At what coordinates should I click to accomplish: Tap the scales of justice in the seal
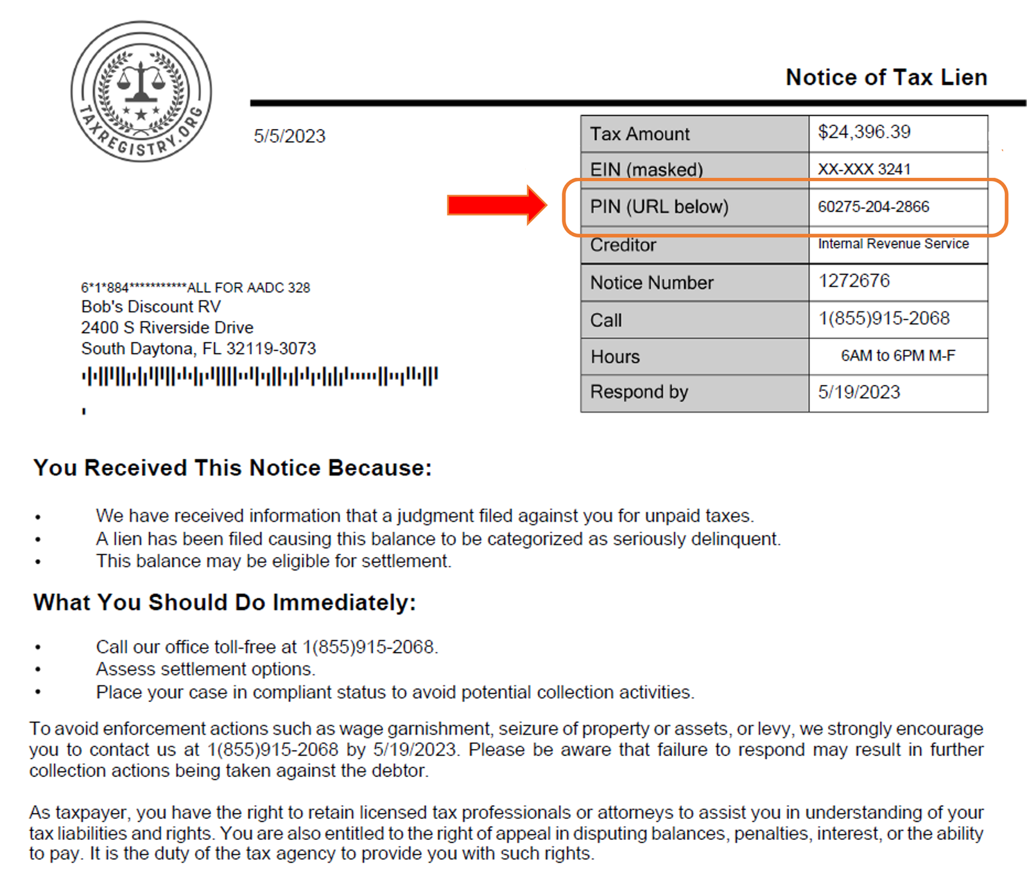[x=141, y=83]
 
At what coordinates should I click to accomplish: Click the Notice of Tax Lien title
[x=886, y=78]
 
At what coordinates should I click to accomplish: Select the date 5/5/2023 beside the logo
[x=289, y=136]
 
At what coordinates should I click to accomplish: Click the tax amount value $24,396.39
[x=864, y=132]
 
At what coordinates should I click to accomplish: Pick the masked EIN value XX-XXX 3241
[x=864, y=169]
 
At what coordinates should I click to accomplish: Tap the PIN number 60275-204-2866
[x=873, y=207]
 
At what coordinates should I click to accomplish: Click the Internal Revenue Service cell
[x=893, y=244]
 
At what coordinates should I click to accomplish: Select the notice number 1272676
[x=854, y=281]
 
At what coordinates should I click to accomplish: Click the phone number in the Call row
[x=883, y=318]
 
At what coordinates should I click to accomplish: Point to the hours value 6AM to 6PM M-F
[x=897, y=356]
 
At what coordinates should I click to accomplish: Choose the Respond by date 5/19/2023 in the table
[x=859, y=392]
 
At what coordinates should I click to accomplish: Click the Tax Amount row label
[x=639, y=134]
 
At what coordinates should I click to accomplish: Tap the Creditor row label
[x=623, y=245]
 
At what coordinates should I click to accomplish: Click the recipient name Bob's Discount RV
[x=151, y=307]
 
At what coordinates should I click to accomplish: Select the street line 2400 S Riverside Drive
[x=167, y=328]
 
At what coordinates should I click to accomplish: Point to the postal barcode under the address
[x=260, y=376]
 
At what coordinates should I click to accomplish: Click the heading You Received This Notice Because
[x=232, y=468]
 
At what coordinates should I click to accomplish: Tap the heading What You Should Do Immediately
[x=225, y=603]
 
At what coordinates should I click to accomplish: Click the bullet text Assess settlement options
[x=205, y=669]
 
